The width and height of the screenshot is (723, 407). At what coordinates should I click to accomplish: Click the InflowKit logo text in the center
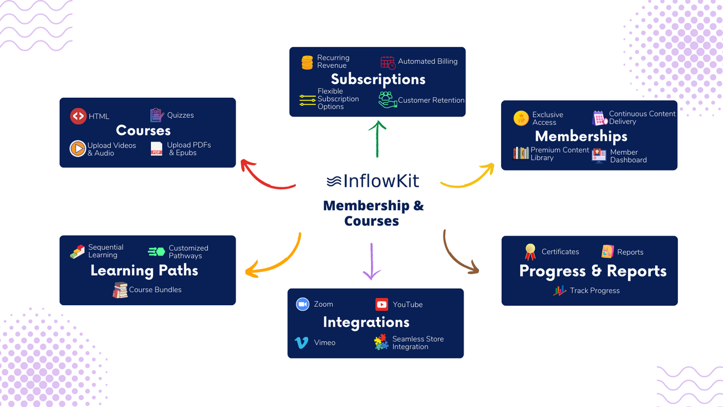(x=373, y=181)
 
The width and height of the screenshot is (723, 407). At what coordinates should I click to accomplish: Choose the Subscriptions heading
(x=378, y=79)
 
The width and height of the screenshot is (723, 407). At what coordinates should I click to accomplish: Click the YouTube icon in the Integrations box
(x=382, y=304)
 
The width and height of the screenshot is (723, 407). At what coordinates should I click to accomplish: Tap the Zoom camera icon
(x=303, y=304)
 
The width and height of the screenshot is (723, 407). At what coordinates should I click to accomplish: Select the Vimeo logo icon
(x=302, y=343)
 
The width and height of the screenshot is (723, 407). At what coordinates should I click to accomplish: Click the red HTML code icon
(x=78, y=116)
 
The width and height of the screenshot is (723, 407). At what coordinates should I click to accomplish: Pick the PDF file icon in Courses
(x=156, y=149)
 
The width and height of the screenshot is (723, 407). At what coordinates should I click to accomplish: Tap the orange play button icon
(x=77, y=149)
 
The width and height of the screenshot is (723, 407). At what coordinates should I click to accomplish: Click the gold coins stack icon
(x=307, y=62)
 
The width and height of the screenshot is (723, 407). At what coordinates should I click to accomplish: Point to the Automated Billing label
(x=428, y=61)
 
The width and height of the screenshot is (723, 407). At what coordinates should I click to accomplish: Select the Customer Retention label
(x=431, y=100)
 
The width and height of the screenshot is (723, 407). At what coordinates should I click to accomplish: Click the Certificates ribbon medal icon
(x=530, y=252)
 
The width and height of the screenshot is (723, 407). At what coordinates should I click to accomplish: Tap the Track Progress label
(x=594, y=291)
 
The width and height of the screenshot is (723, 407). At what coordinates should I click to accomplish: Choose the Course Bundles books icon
(x=120, y=290)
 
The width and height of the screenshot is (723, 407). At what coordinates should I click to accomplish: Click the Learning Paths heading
(x=144, y=270)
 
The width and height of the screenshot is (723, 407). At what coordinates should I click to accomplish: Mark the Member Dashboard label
(x=628, y=156)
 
